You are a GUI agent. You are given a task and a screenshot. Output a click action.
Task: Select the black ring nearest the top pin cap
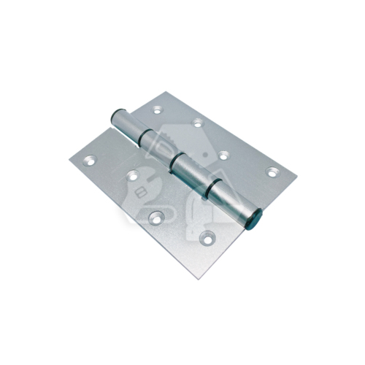coord(146,136)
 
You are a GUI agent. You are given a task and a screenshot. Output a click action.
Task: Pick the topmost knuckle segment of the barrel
coord(131,125)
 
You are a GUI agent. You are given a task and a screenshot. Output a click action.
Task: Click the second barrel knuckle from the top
coord(161,147)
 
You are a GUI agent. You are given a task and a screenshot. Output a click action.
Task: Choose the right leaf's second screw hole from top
coord(197,123)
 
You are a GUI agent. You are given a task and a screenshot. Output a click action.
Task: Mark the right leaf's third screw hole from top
coord(225,155)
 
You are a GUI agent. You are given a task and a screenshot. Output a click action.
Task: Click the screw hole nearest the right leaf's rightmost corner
coord(272,172)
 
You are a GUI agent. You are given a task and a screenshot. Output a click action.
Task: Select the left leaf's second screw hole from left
coord(133,174)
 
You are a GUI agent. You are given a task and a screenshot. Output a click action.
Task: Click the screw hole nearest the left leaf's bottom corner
coord(208,236)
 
